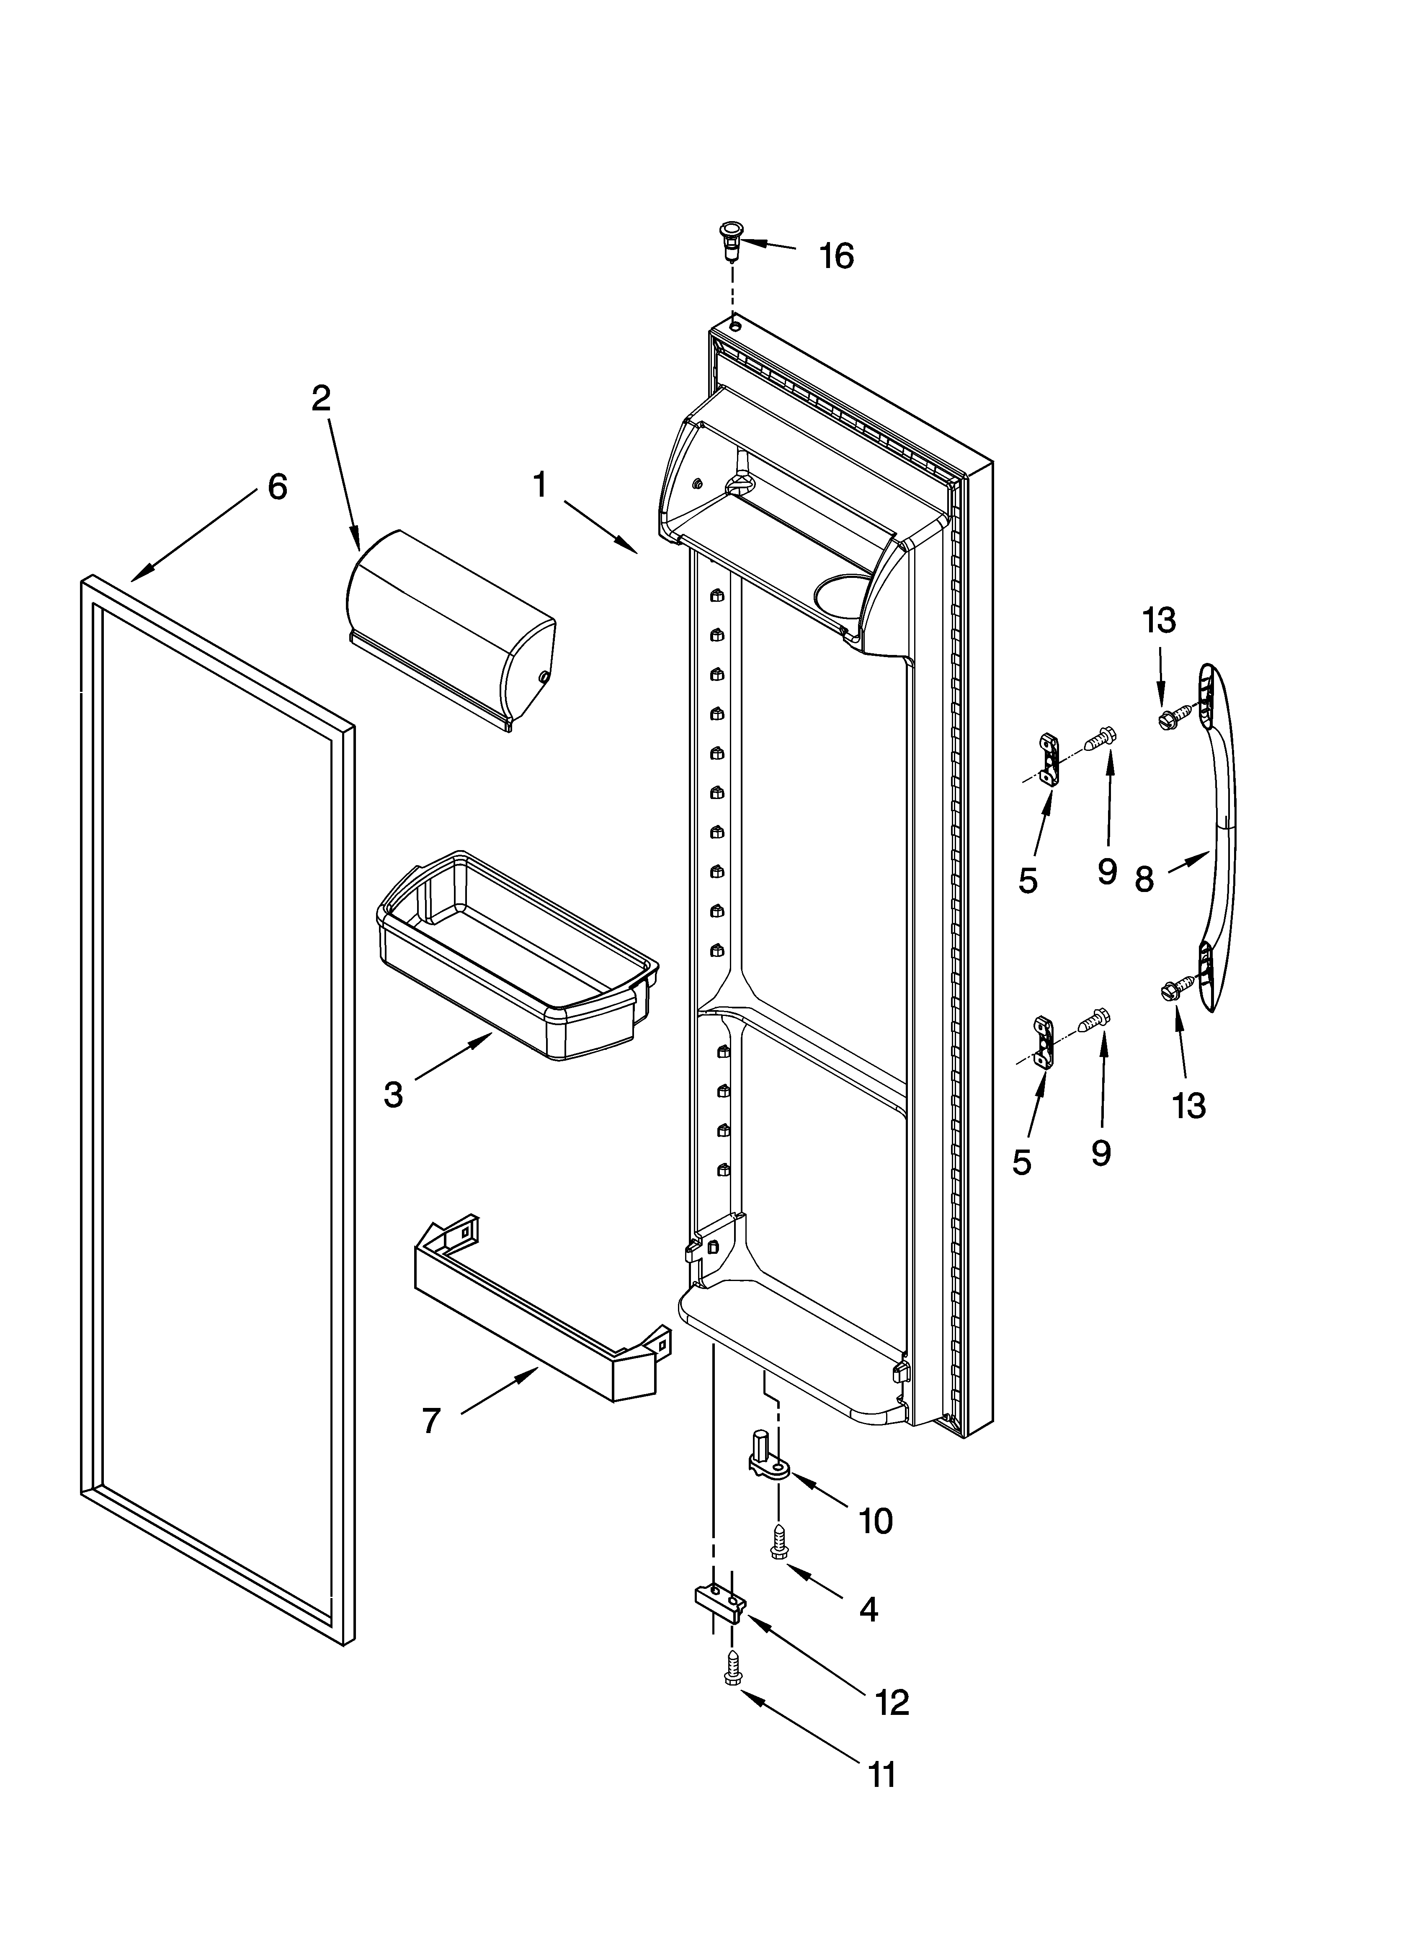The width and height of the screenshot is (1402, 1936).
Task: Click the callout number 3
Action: (x=393, y=1094)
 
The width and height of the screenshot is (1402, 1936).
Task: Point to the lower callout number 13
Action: (x=1188, y=1106)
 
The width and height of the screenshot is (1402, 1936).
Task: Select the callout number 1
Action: (x=540, y=485)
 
